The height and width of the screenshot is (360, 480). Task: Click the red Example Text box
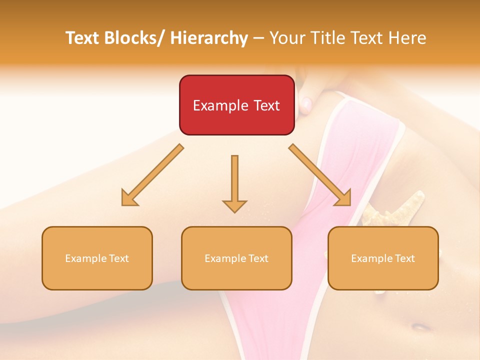tap(236, 105)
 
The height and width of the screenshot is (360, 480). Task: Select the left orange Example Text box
tap(97, 258)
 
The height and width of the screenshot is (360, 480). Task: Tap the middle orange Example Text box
tap(236, 258)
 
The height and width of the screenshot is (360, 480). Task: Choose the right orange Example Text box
tap(383, 258)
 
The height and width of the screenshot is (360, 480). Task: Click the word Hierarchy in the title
tap(209, 38)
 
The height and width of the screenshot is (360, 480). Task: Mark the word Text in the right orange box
tap(405, 258)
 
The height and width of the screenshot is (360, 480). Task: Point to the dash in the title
tap(258, 38)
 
